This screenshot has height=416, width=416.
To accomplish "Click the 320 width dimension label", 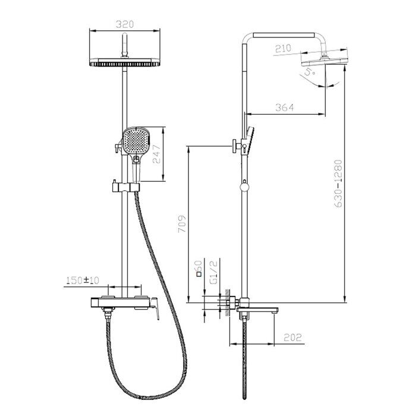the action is (x=125, y=24).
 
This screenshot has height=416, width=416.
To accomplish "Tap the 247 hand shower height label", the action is (x=156, y=154).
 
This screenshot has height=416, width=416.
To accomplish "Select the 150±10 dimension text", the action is (x=83, y=280).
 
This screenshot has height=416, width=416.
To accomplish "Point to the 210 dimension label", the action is (x=283, y=49).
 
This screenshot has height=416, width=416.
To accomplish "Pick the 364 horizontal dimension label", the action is (x=285, y=108).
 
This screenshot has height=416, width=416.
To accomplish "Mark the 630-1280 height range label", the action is (x=338, y=183).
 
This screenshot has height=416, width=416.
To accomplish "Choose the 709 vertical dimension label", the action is (x=182, y=224).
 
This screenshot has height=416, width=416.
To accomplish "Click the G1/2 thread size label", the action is (x=213, y=272).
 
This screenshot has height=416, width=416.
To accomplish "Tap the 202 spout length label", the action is (x=293, y=338).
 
